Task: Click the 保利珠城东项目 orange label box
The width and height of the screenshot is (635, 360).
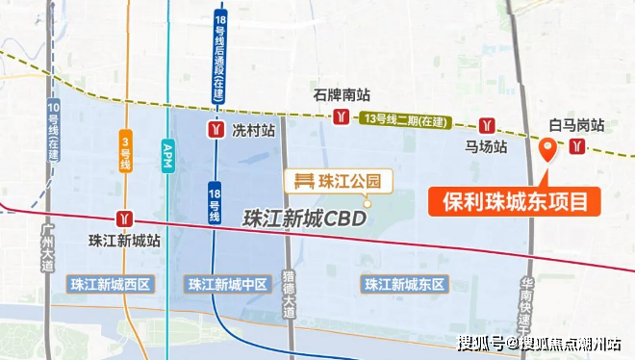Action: coord(515,202)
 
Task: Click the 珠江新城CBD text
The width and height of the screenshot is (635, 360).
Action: coord(306,219)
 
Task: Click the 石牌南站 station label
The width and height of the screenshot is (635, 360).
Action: coord(342,95)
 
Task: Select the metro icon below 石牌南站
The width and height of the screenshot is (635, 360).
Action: coord(341,117)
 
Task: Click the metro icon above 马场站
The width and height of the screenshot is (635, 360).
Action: coord(489,126)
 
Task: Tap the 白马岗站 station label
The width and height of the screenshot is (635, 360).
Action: coord(576,125)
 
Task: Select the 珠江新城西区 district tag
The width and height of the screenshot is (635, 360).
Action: coord(112,284)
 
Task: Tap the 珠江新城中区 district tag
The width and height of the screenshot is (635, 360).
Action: coord(226,284)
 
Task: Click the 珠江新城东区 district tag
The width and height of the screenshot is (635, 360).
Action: coord(404,284)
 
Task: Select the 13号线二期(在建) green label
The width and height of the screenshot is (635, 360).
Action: coord(409,118)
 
